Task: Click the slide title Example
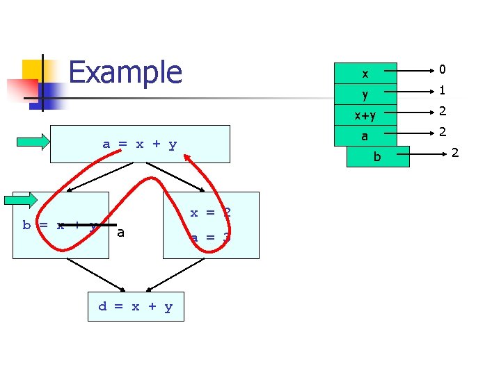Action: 125,72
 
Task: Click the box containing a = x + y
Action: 140,144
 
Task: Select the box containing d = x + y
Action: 136,306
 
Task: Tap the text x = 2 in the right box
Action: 210,212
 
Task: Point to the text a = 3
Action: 210,237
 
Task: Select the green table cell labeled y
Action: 365,93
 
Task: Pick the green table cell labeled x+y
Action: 365,113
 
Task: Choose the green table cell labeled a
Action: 365,137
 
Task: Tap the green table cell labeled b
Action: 378,157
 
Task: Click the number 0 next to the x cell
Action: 442,69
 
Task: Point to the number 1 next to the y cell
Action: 442,90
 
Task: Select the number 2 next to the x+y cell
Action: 442,111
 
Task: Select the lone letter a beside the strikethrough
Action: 121,233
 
